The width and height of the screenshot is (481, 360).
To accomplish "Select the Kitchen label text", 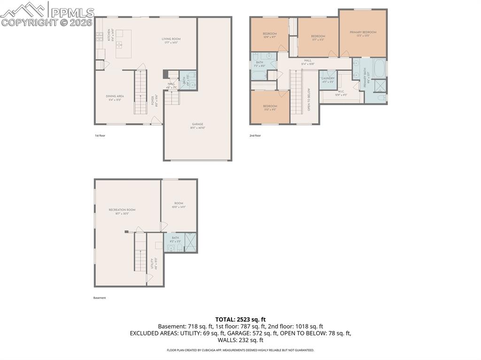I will pos(109,34).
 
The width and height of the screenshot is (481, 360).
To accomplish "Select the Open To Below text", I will pos(309,99).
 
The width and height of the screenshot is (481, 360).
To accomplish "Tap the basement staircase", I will pos(140,253).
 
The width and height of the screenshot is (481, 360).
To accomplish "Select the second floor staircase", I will pos(295,92).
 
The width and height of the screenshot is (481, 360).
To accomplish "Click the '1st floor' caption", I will pos(100,136).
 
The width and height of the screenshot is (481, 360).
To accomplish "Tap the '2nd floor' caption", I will pos(255,136).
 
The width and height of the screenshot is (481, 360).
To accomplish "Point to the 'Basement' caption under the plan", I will pos(100,298).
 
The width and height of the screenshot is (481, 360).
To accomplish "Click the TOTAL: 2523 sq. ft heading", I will pos(240,319).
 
